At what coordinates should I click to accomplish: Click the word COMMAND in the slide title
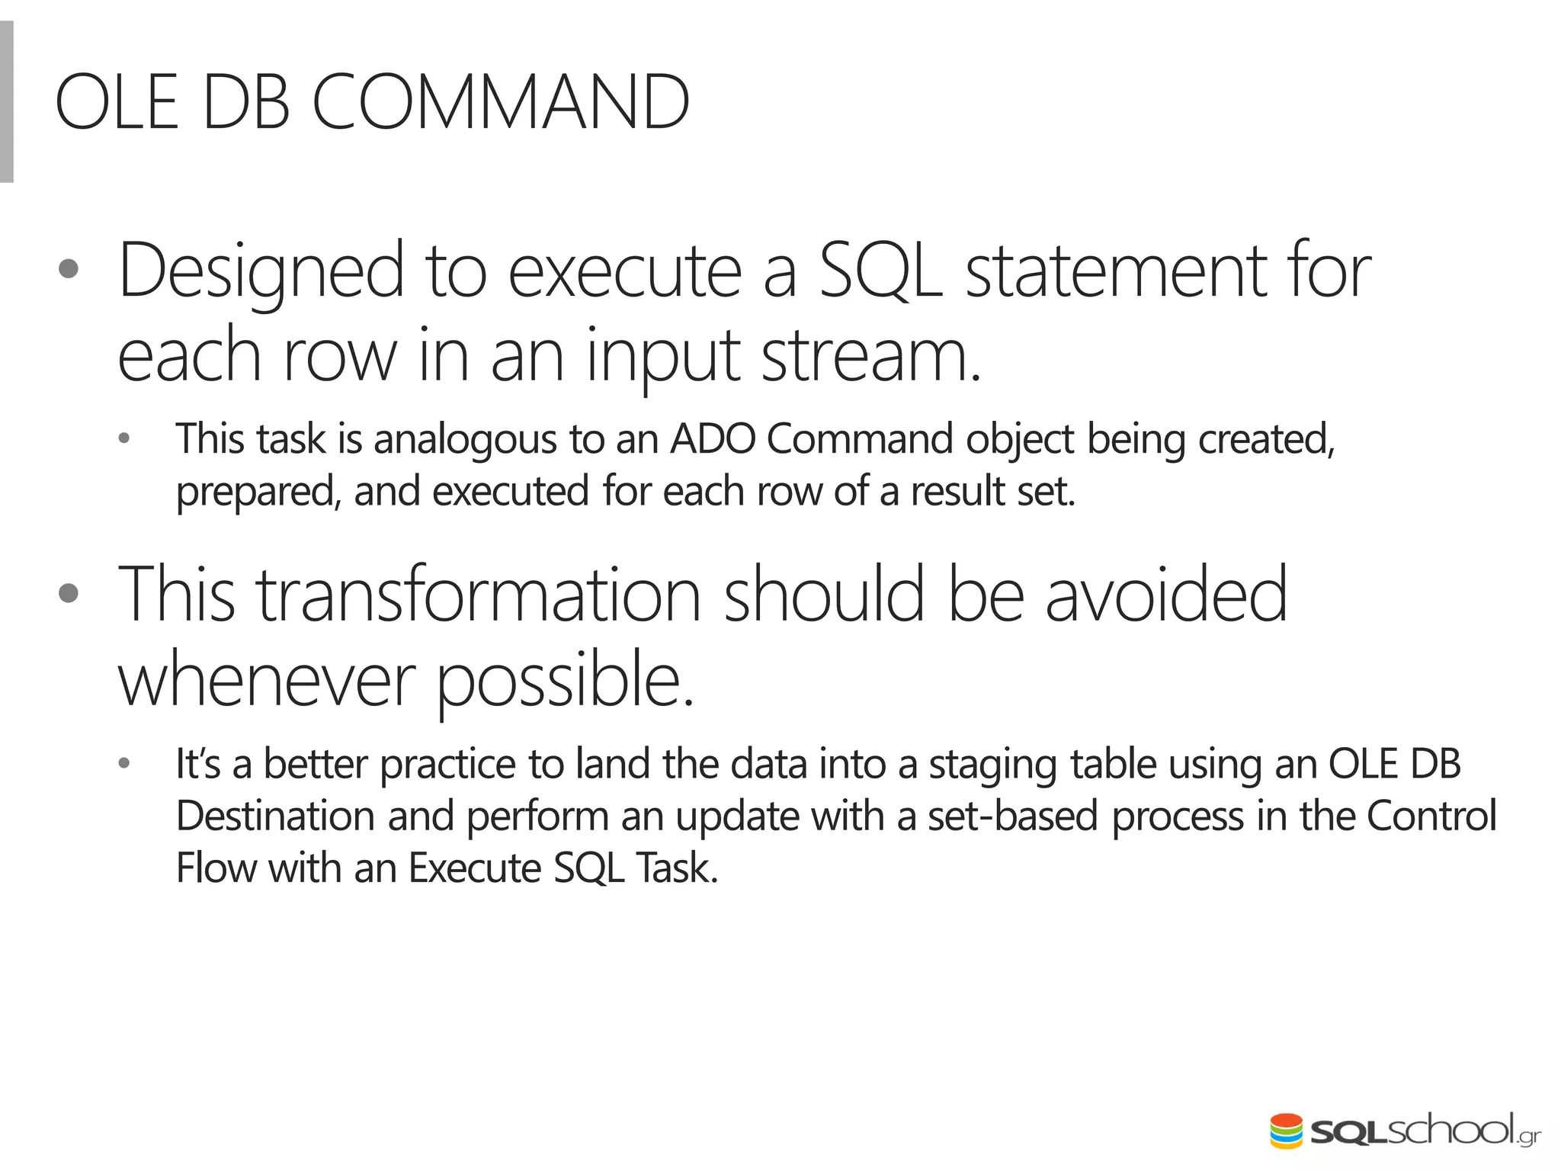click(501, 103)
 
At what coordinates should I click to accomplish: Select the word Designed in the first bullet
click(261, 271)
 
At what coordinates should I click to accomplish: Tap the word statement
click(1116, 271)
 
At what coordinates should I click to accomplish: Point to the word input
click(663, 356)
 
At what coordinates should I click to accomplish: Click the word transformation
click(478, 595)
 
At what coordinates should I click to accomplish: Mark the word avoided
click(1165, 595)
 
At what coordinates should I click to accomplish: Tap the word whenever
click(267, 680)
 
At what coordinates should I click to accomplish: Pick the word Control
click(1431, 816)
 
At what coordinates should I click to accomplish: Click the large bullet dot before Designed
click(69, 270)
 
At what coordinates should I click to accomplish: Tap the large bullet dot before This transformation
click(69, 593)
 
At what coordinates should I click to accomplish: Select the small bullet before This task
click(124, 439)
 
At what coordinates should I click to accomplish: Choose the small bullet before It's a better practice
click(124, 763)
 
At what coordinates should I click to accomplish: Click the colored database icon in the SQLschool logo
click(1286, 1131)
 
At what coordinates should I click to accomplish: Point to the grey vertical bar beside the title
click(7, 102)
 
